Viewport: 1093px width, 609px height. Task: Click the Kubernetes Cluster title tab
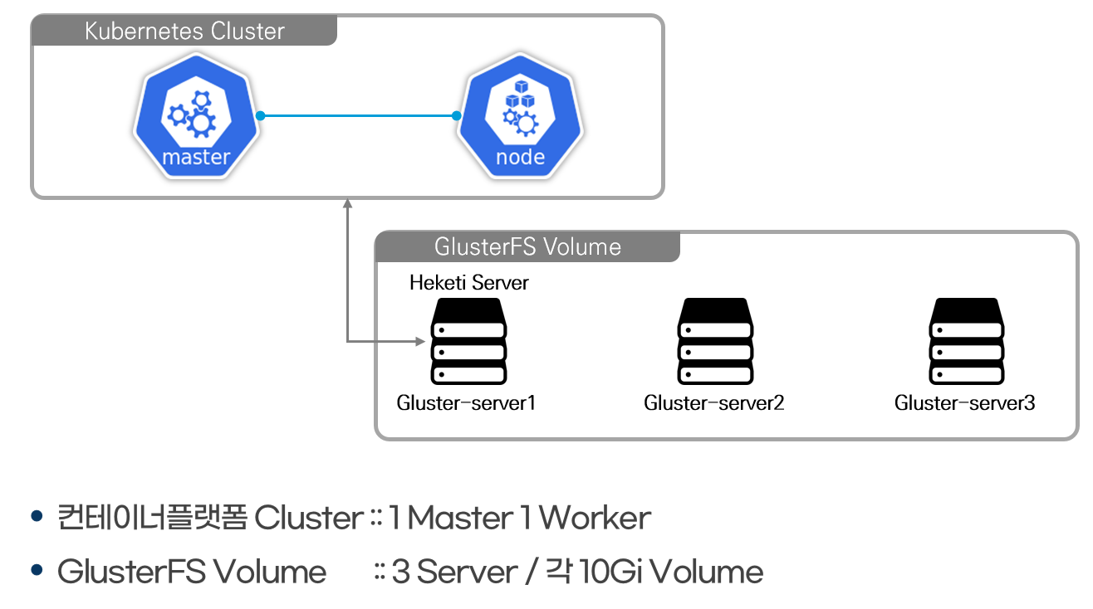coord(184,32)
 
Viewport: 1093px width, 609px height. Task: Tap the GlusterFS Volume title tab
coord(527,246)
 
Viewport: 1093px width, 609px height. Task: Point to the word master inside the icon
coord(196,157)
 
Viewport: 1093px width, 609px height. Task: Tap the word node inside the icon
coord(520,157)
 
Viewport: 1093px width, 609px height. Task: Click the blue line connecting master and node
coord(359,116)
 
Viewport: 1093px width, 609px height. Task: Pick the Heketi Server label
coord(468,283)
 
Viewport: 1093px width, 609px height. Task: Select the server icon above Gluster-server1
coord(468,341)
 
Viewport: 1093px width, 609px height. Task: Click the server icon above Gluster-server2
coord(715,341)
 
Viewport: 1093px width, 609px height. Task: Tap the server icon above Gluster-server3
coord(966,341)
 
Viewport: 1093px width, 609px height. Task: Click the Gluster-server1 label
coord(466,403)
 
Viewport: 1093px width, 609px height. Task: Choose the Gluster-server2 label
coord(713,403)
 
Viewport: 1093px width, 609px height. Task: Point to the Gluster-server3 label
coord(964,403)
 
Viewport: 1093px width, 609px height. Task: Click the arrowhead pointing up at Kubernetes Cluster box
coord(348,202)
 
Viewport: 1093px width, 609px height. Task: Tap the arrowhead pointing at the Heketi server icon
coord(418,341)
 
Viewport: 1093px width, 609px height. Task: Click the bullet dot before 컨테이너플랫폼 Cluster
coord(36,517)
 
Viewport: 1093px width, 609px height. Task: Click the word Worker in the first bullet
coord(595,518)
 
